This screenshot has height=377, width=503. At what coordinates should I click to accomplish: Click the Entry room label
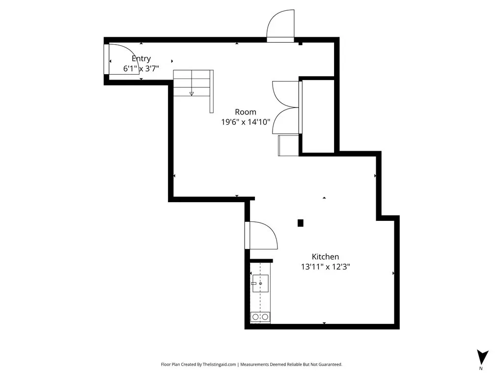[x=141, y=59]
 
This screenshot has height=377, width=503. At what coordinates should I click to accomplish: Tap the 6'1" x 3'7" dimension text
[x=141, y=68]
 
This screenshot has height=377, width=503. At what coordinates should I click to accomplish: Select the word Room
[x=246, y=112]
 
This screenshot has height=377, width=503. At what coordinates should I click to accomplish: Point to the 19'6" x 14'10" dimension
[x=246, y=122]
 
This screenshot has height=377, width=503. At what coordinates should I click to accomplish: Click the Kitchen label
[x=325, y=256]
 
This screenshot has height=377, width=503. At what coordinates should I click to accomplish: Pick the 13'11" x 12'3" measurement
[x=325, y=267]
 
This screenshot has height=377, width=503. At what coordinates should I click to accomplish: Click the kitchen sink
[x=260, y=283]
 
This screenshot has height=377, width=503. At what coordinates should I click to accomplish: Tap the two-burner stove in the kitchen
[x=260, y=317]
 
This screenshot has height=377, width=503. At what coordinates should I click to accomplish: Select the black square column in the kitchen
[x=300, y=223]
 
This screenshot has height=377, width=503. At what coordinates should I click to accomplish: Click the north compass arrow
[x=482, y=357]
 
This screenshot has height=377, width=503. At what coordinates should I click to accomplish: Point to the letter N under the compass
[x=480, y=368]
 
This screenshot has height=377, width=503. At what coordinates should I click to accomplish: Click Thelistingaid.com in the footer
[x=219, y=365]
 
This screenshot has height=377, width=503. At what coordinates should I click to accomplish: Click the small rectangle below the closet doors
[x=288, y=145]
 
